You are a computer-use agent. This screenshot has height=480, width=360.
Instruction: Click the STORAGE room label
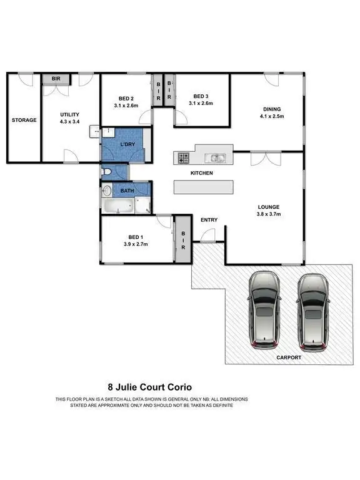[x=24, y=120]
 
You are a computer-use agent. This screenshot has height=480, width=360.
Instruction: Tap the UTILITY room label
[x=69, y=114]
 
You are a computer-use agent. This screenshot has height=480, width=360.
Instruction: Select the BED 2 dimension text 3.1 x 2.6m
[x=127, y=106]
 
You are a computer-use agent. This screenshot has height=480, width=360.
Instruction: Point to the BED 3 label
[x=200, y=96]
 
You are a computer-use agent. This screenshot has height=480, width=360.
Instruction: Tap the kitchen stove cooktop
[x=183, y=157]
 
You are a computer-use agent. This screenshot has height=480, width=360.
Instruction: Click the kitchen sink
[x=217, y=157]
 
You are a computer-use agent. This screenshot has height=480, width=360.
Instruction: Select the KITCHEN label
[x=202, y=172]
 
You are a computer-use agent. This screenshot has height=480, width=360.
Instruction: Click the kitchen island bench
[x=203, y=187]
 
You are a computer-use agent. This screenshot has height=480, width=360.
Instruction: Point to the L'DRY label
[x=127, y=145]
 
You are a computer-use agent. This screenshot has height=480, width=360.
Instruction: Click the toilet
[x=107, y=171]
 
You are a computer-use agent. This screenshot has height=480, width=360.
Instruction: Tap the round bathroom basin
[x=106, y=191]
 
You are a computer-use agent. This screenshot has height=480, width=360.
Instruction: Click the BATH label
[x=127, y=191]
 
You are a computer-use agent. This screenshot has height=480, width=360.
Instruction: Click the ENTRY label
[x=209, y=219]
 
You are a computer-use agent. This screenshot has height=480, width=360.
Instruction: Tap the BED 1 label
[x=136, y=237]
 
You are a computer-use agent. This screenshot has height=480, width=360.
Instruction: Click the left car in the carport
[x=265, y=310]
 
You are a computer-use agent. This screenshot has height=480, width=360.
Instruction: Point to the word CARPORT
[x=289, y=357]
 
